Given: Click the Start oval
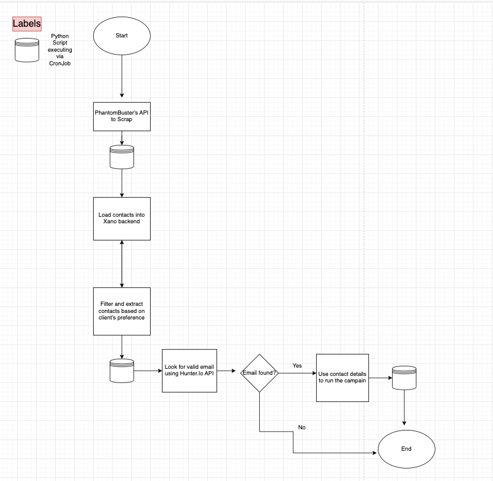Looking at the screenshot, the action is [122, 36].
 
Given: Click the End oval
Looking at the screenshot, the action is [406, 449].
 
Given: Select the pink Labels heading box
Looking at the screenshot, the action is [27, 24].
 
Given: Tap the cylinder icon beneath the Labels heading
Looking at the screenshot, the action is [27, 50].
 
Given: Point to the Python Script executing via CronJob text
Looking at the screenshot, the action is [60, 50].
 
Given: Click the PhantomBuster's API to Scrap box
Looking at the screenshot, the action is [122, 116].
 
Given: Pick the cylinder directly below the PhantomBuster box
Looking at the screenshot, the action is [122, 157].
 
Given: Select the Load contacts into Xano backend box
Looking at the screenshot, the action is [122, 219].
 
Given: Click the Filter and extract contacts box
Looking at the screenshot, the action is [122, 311].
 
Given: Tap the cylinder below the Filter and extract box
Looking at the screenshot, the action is [122, 371].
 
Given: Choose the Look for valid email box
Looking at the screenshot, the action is [189, 371].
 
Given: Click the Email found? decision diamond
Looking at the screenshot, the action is [259, 373].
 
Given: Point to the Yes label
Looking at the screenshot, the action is [297, 365].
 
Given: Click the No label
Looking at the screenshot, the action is [302, 427].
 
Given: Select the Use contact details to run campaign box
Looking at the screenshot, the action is [342, 378].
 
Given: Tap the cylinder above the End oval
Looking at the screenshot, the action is [405, 378].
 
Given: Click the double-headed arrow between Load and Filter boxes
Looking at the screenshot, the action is [122, 264].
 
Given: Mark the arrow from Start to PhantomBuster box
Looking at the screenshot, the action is [122, 76].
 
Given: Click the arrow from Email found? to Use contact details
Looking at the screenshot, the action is [297, 373].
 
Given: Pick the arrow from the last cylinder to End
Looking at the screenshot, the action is [405, 407].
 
